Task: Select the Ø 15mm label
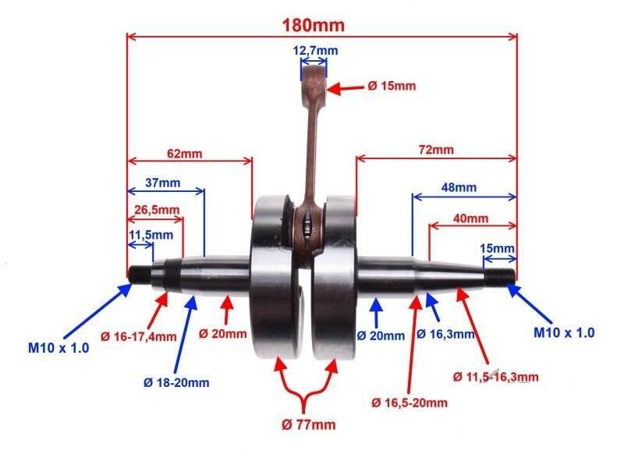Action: (x=392, y=86)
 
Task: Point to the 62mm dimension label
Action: (x=183, y=153)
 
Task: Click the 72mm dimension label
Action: (x=435, y=149)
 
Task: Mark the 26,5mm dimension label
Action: (x=156, y=210)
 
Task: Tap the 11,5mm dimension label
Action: (x=151, y=235)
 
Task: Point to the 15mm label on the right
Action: (x=497, y=248)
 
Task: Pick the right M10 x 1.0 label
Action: (x=564, y=332)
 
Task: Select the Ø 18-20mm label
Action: (x=176, y=382)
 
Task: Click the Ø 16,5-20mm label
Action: (x=410, y=403)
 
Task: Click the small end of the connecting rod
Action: (x=314, y=80)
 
